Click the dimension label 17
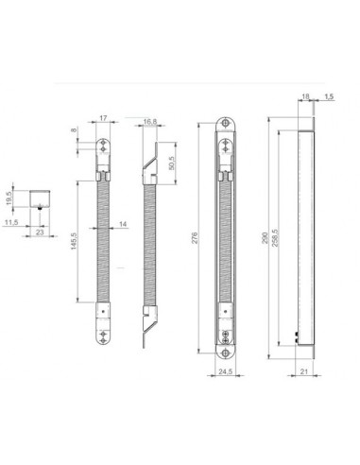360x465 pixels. click(106, 119)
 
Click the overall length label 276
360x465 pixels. click(196, 240)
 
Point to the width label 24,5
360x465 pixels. click(226, 372)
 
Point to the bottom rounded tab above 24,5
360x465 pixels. click(226, 345)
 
